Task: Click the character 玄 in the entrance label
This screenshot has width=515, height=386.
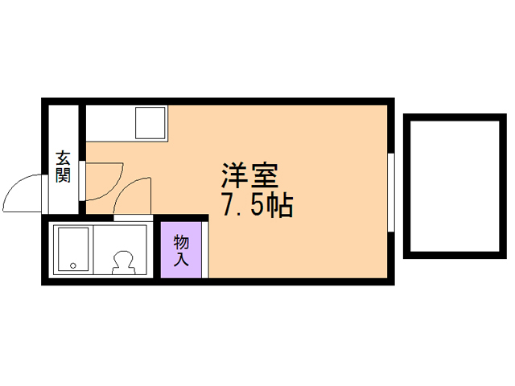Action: pyautogui.click(x=62, y=158)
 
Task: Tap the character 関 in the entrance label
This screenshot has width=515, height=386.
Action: pyautogui.click(x=62, y=175)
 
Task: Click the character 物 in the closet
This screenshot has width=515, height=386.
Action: pyautogui.click(x=181, y=242)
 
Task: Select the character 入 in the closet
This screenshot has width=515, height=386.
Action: pyautogui.click(x=181, y=260)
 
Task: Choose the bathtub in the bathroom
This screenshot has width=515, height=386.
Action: pyautogui.click(x=72, y=249)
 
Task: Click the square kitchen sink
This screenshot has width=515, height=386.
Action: pyautogui.click(x=150, y=122)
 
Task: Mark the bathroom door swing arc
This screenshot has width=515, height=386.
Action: pyautogui.click(x=132, y=197)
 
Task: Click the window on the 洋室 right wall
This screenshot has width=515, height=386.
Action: pyautogui.click(x=391, y=193)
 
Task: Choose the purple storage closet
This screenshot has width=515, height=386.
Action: pyautogui.click(x=181, y=250)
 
